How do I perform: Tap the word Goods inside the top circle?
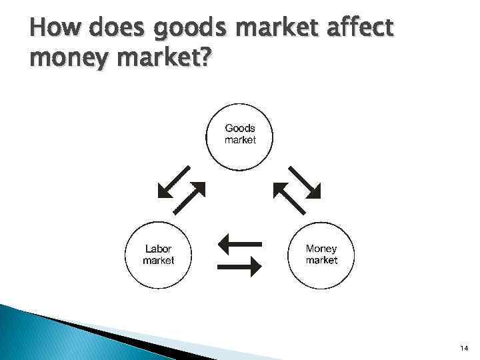(x=240, y=128)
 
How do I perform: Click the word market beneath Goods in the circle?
(x=240, y=140)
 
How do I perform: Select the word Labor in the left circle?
(x=159, y=249)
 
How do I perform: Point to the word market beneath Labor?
(x=159, y=261)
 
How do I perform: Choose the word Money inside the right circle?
(x=321, y=249)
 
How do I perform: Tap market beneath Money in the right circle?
(x=321, y=261)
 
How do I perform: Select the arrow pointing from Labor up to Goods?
(x=190, y=197)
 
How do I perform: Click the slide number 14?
(x=463, y=349)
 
